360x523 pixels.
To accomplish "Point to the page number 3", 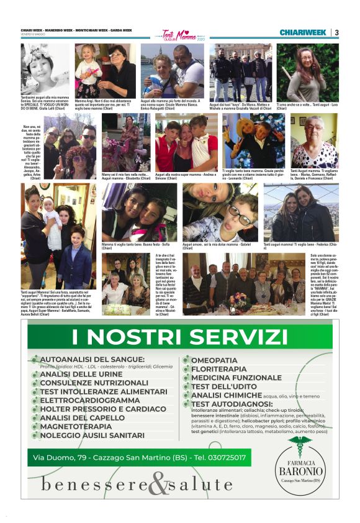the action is coord(336,32).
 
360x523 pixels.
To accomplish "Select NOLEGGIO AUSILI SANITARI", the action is coord(92,435).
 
